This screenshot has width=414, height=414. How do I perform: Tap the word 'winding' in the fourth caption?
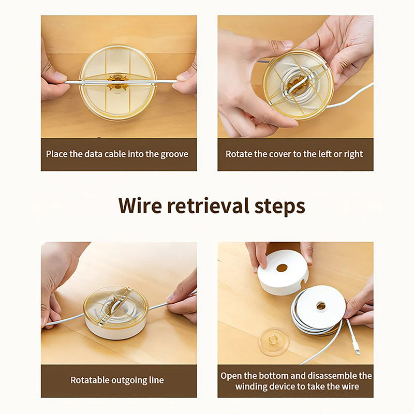point(249,387)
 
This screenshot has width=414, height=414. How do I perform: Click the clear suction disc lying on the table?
point(274,342)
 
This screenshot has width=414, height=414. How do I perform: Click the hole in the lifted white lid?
point(282,268)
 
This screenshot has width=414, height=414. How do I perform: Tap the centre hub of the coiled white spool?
point(320,306)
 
